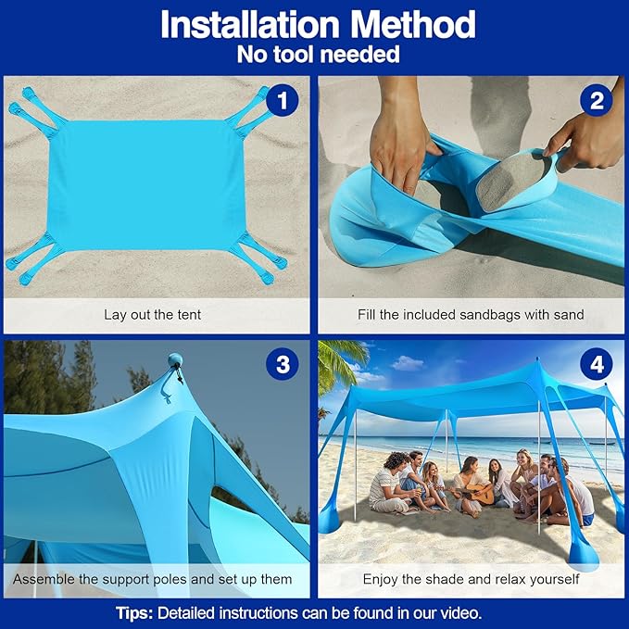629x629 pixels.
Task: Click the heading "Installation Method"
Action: click(318, 25)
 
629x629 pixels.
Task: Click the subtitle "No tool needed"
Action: click(318, 55)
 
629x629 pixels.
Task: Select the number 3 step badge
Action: click(282, 365)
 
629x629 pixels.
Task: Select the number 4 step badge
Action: click(596, 365)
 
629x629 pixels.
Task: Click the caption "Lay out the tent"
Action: click(153, 314)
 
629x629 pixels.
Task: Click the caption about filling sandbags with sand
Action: click(471, 314)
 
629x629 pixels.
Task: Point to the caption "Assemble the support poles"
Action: click(153, 579)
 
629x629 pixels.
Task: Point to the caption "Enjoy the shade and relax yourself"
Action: click(471, 579)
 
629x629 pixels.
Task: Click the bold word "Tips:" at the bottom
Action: click(135, 612)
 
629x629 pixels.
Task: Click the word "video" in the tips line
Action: click(459, 612)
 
